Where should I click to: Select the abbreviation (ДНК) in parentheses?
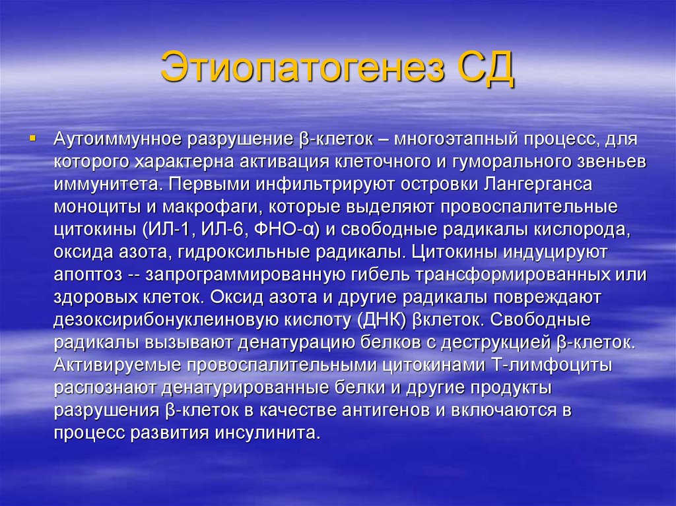pyautogui.click(x=378, y=321)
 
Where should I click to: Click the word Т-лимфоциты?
pyautogui.click(x=551, y=365)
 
